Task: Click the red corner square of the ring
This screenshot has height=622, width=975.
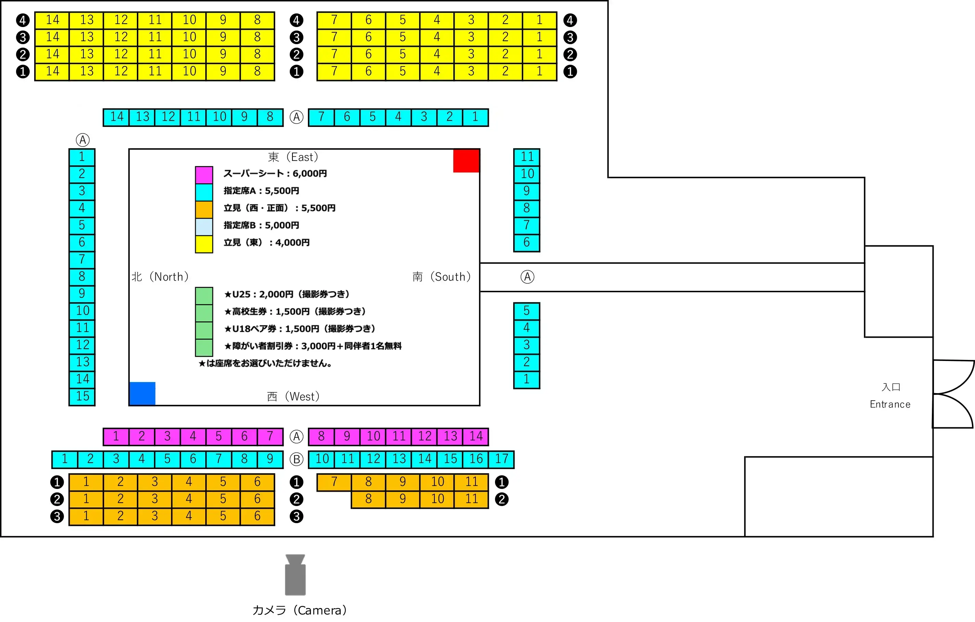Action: pyautogui.click(x=466, y=161)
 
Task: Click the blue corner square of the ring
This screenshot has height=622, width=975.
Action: pyautogui.click(x=142, y=393)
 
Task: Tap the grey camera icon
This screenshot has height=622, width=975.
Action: pyautogui.click(x=295, y=575)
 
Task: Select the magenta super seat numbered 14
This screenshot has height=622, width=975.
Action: pyautogui.click(x=476, y=437)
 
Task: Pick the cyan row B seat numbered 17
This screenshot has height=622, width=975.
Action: pyautogui.click(x=501, y=459)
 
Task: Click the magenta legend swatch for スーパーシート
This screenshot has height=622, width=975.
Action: pyautogui.click(x=204, y=175)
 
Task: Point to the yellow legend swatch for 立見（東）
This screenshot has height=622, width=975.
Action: pyautogui.click(x=204, y=244)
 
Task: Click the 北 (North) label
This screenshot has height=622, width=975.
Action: pyautogui.click(x=160, y=277)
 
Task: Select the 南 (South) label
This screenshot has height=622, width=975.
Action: pyautogui.click(x=442, y=277)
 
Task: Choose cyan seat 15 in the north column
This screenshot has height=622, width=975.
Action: pyautogui.click(x=82, y=397)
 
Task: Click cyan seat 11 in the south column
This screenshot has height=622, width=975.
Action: pyautogui.click(x=527, y=157)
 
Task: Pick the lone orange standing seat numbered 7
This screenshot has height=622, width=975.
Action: pyautogui.click(x=334, y=482)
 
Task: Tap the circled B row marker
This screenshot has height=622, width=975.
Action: pyautogui.click(x=296, y=459)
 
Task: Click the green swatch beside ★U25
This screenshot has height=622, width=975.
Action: pyautogui.click(x=204, y=296)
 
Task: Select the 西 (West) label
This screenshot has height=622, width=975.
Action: pyautogui.click(x=294, y=397)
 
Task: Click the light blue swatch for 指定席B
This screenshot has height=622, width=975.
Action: pyautogui.click(x=204, y=227)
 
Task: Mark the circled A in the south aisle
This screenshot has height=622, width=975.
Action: pyautogui.click(x=527, y=277)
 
